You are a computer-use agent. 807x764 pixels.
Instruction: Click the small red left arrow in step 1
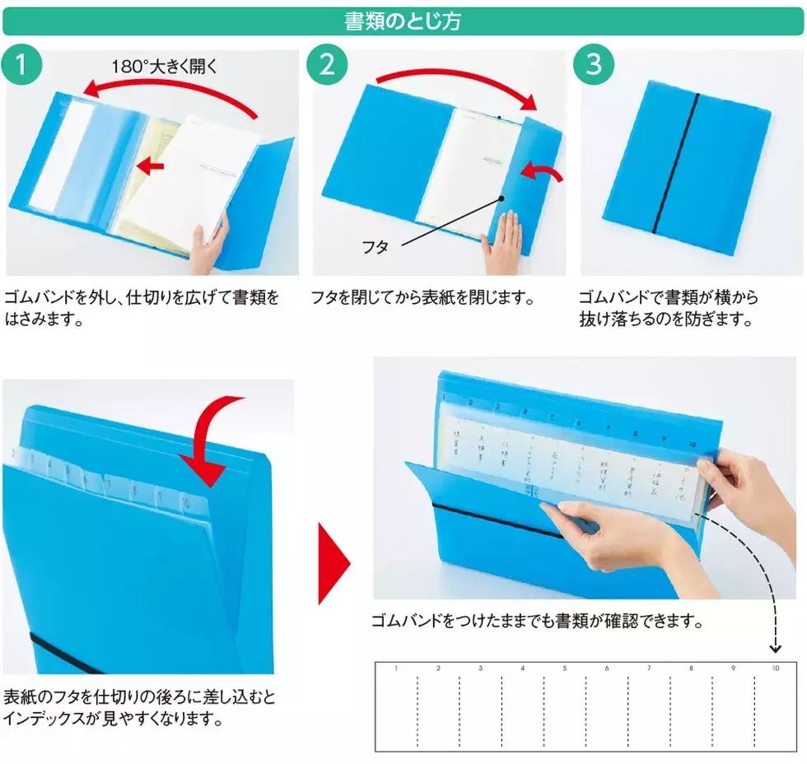point(149,166)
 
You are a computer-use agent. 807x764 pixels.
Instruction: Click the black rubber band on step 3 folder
point(675,165)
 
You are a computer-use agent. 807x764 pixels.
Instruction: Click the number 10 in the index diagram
point(775,668)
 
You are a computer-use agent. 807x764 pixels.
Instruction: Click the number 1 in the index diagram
point(396,668)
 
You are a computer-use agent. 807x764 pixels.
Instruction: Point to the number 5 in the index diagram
point(564,668)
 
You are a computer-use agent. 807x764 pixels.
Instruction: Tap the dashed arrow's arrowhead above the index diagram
point(775,647)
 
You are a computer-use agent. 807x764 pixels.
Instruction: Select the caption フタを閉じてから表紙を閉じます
point(422,297)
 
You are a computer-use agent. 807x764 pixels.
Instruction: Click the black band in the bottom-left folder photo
point(66,650)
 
